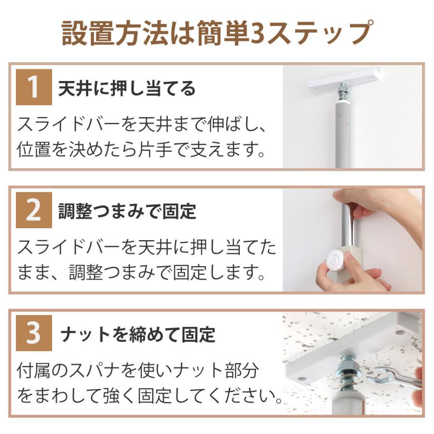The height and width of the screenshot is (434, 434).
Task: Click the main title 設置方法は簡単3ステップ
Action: tap(217, 33)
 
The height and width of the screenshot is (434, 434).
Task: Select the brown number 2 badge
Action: tap(34, 211)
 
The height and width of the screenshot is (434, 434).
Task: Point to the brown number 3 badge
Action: tap(34, 334)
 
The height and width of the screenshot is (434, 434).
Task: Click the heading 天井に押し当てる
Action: tap(127, 88)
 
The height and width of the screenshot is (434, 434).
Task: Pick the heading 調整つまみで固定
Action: tap(127, 211)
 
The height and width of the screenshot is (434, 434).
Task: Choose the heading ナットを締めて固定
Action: tap(137, 334)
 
